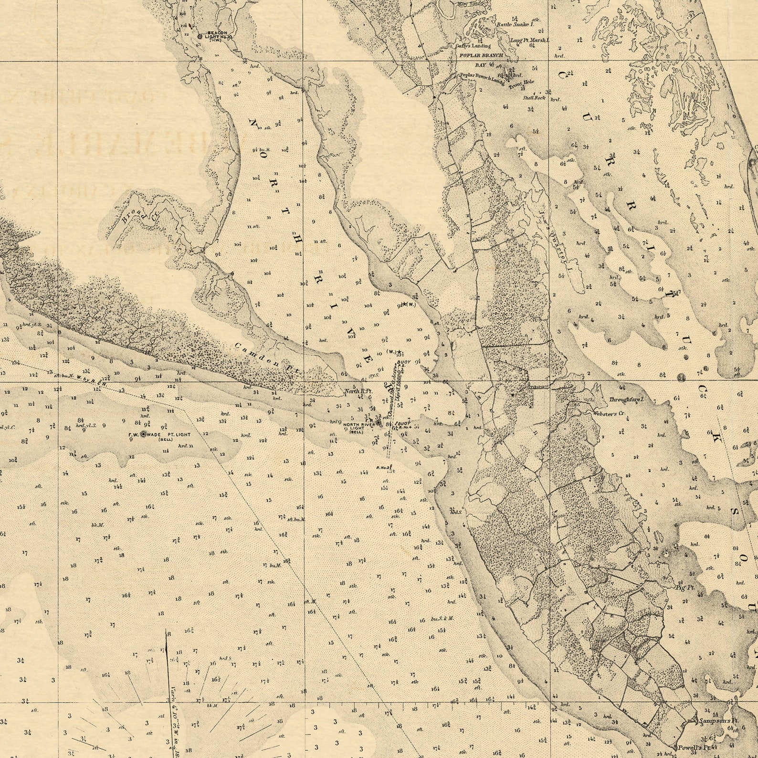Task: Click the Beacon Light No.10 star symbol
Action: (200, 36)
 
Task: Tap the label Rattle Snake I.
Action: (515, 24)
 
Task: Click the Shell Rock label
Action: (534, 97)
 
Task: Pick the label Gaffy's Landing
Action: (473, 46)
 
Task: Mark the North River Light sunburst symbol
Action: (379, 422)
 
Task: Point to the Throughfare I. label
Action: (627, 400)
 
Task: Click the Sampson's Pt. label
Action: (715, 721)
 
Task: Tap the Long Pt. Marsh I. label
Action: (529, 41)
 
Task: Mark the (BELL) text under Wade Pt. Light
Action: (166, 439)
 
